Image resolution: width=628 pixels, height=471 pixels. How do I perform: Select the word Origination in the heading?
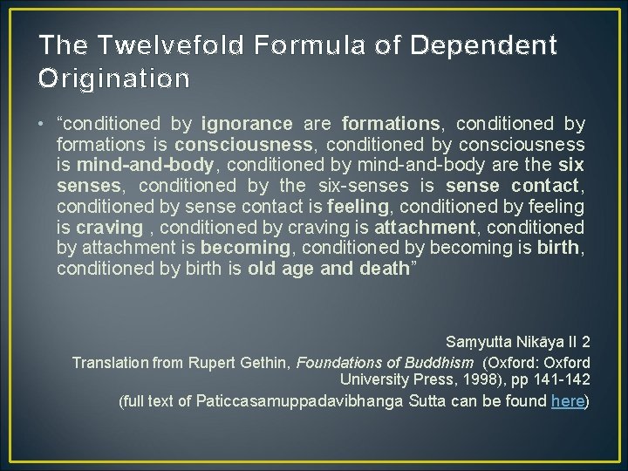coord(113,78)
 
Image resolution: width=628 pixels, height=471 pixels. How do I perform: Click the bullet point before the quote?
coord(44,124)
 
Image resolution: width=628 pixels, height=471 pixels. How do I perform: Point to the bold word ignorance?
coord(247,124)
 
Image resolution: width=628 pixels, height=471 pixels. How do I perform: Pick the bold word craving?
coord(109,228)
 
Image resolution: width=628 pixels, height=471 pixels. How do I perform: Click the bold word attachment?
coord(424,228)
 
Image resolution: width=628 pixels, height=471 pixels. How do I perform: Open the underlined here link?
coord(568,402)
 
